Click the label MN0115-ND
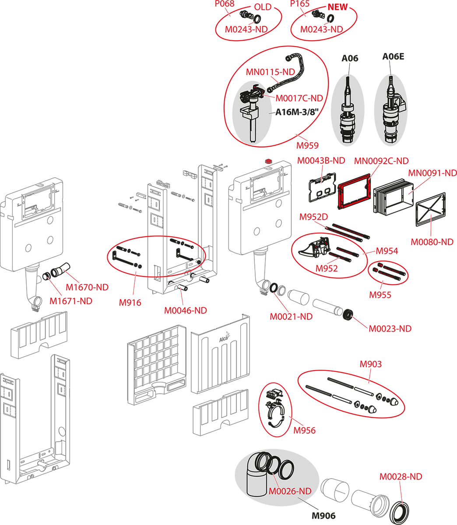[270, 72]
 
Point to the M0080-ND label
[432, 241]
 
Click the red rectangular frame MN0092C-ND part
[354, 194]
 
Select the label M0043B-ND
[321, 161]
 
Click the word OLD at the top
[263, 7]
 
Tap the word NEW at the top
[337, 7]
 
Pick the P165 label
[300, 4]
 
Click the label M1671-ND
[71, 301]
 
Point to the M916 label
[130, 302]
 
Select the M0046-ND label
[185, 311]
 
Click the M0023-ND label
[390, 329]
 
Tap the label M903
[370, 364]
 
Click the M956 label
[304, 430]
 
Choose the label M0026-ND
[290, 491]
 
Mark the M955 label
[380, 295]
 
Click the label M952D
[313, 217]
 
